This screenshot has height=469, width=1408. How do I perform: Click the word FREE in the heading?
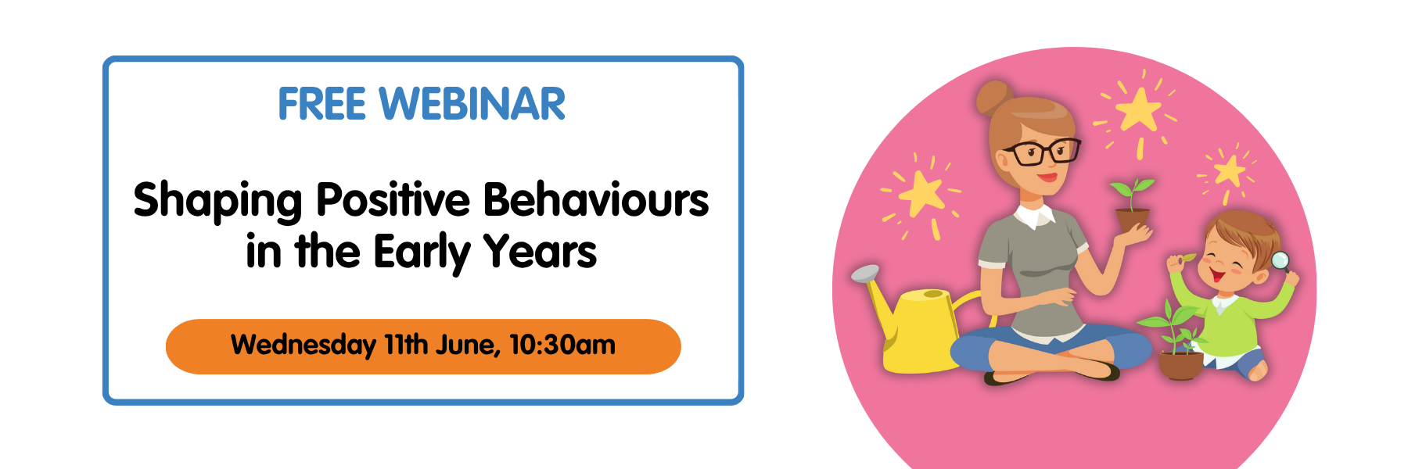[x=321, y=104]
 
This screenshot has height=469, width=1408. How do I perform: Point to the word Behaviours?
[x=596, y=199]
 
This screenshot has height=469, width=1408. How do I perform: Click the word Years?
[x=541, y=252]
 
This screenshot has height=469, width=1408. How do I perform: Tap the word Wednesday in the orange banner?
[x=304, y=345]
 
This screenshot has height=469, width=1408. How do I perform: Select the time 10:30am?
[x=562, y=344]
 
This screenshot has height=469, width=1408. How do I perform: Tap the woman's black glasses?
[x=1041, y=151]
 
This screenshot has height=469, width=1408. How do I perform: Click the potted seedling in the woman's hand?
[x=1132, y=204]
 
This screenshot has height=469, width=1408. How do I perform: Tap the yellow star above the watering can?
[x=922, y=192]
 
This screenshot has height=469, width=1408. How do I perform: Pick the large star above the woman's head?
[x=1137, y=109]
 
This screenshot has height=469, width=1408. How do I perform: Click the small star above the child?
[x=1229, y=170]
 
